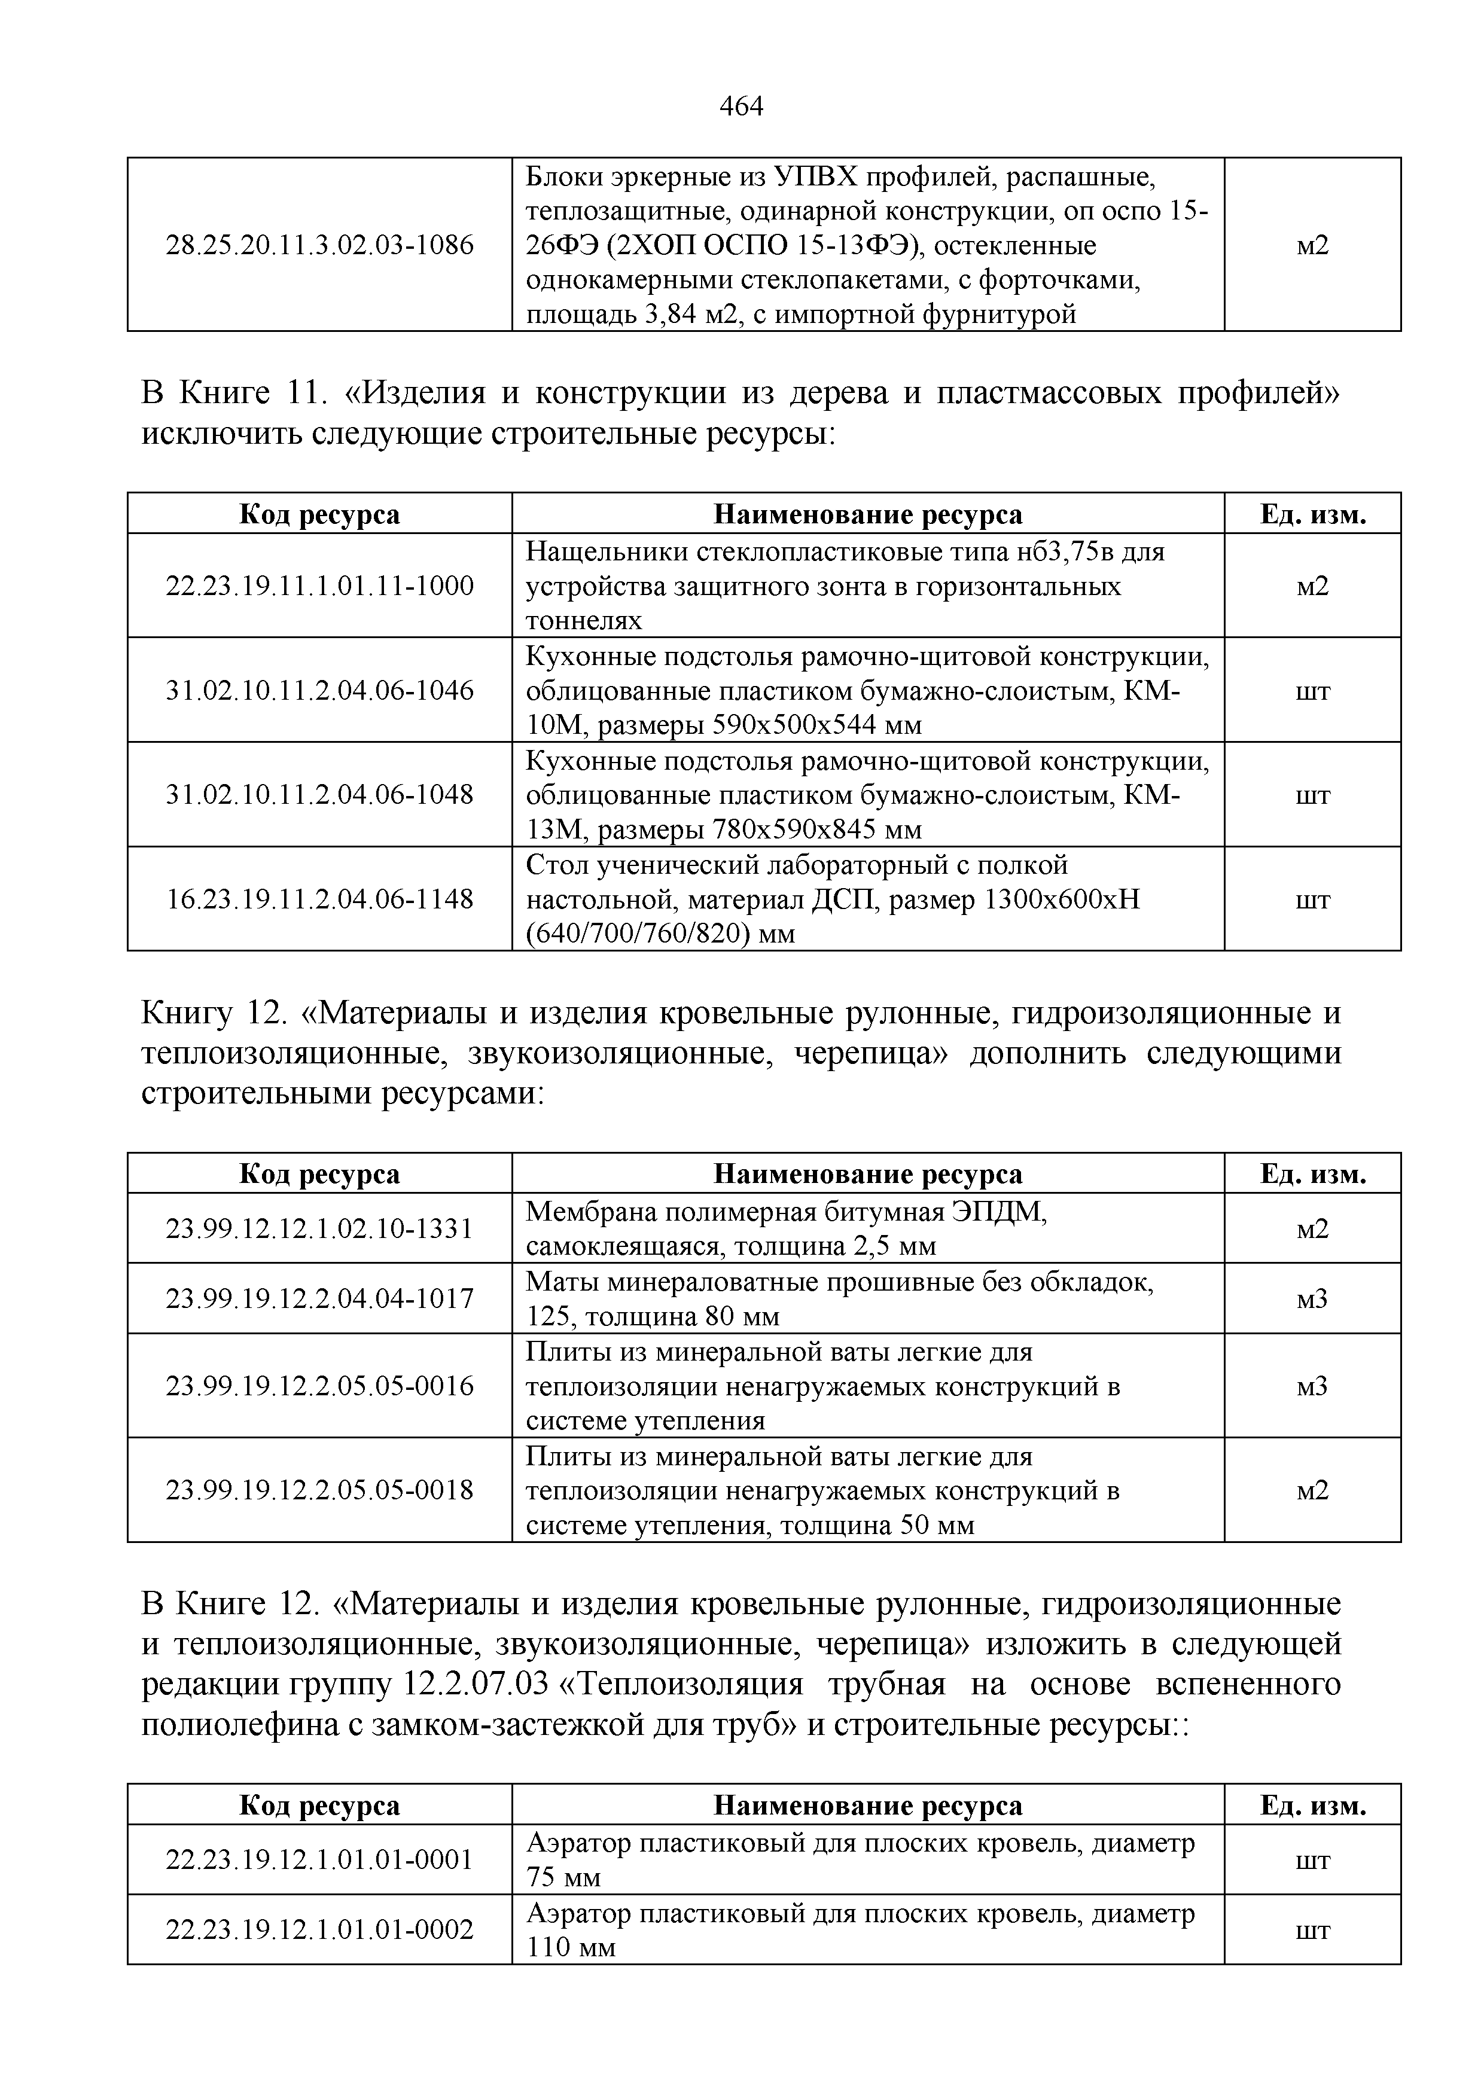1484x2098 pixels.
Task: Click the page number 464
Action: coord(741,108)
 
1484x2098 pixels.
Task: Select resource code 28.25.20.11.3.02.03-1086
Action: coord(320,245)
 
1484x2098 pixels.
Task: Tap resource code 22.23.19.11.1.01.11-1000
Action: coord(320,586)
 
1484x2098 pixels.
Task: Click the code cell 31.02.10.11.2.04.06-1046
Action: coord(320,690)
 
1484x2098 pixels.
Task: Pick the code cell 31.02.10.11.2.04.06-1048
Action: coord(320,794)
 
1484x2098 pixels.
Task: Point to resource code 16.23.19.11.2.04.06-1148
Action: coord(320,899)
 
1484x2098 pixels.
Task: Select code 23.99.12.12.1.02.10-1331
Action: coord(320,1228)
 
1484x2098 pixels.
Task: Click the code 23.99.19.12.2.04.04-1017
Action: coord(320,1298)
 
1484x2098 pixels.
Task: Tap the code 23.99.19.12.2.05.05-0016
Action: coord(320,1386)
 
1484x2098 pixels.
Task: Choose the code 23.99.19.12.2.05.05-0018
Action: coord(320,1490)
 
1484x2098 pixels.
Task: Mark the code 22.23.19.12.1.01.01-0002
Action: coord(320,1930)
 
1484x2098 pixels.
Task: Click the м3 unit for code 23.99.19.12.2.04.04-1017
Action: coord(1312,1298)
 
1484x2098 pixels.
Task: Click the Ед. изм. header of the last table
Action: coord(1312,1806)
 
